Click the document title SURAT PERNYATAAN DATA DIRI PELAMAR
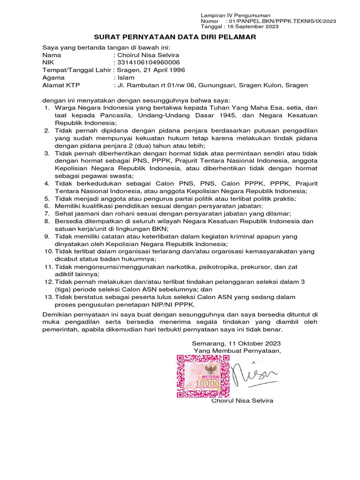coord(175,37)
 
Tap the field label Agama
coord(53,77)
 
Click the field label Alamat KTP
coord(61,85)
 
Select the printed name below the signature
coord(242,401)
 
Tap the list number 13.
coord(48,297)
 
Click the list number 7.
coord(47,213)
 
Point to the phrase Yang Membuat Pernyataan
coord(238,351)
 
